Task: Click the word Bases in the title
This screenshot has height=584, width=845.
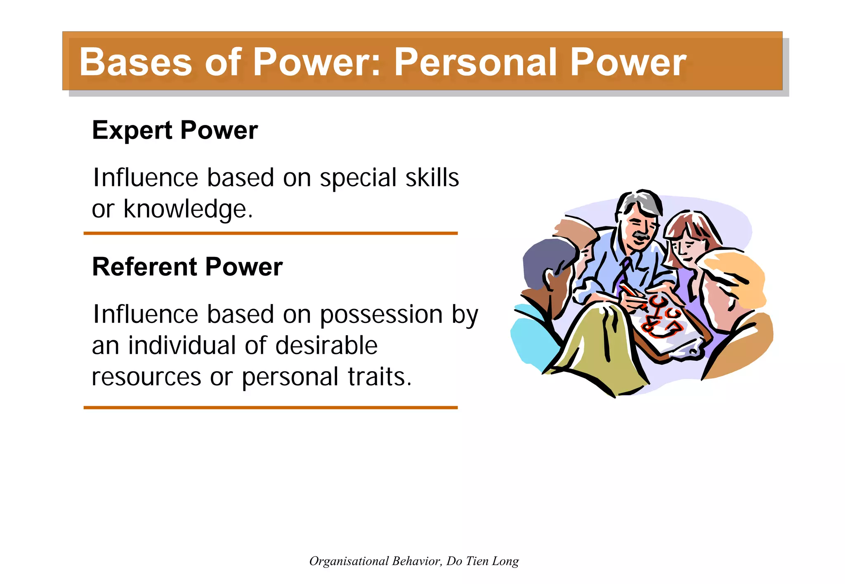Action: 136,62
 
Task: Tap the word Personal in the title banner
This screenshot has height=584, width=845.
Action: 474,62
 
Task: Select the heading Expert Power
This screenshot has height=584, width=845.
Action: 175,130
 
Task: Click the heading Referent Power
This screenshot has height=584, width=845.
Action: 187,267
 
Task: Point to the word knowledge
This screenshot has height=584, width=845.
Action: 188,210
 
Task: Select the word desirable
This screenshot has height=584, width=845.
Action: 326,346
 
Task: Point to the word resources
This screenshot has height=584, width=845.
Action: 146,377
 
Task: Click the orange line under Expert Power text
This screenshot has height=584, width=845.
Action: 270,233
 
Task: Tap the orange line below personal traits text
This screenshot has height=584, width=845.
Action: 270,407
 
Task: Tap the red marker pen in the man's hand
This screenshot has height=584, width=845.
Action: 633,293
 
